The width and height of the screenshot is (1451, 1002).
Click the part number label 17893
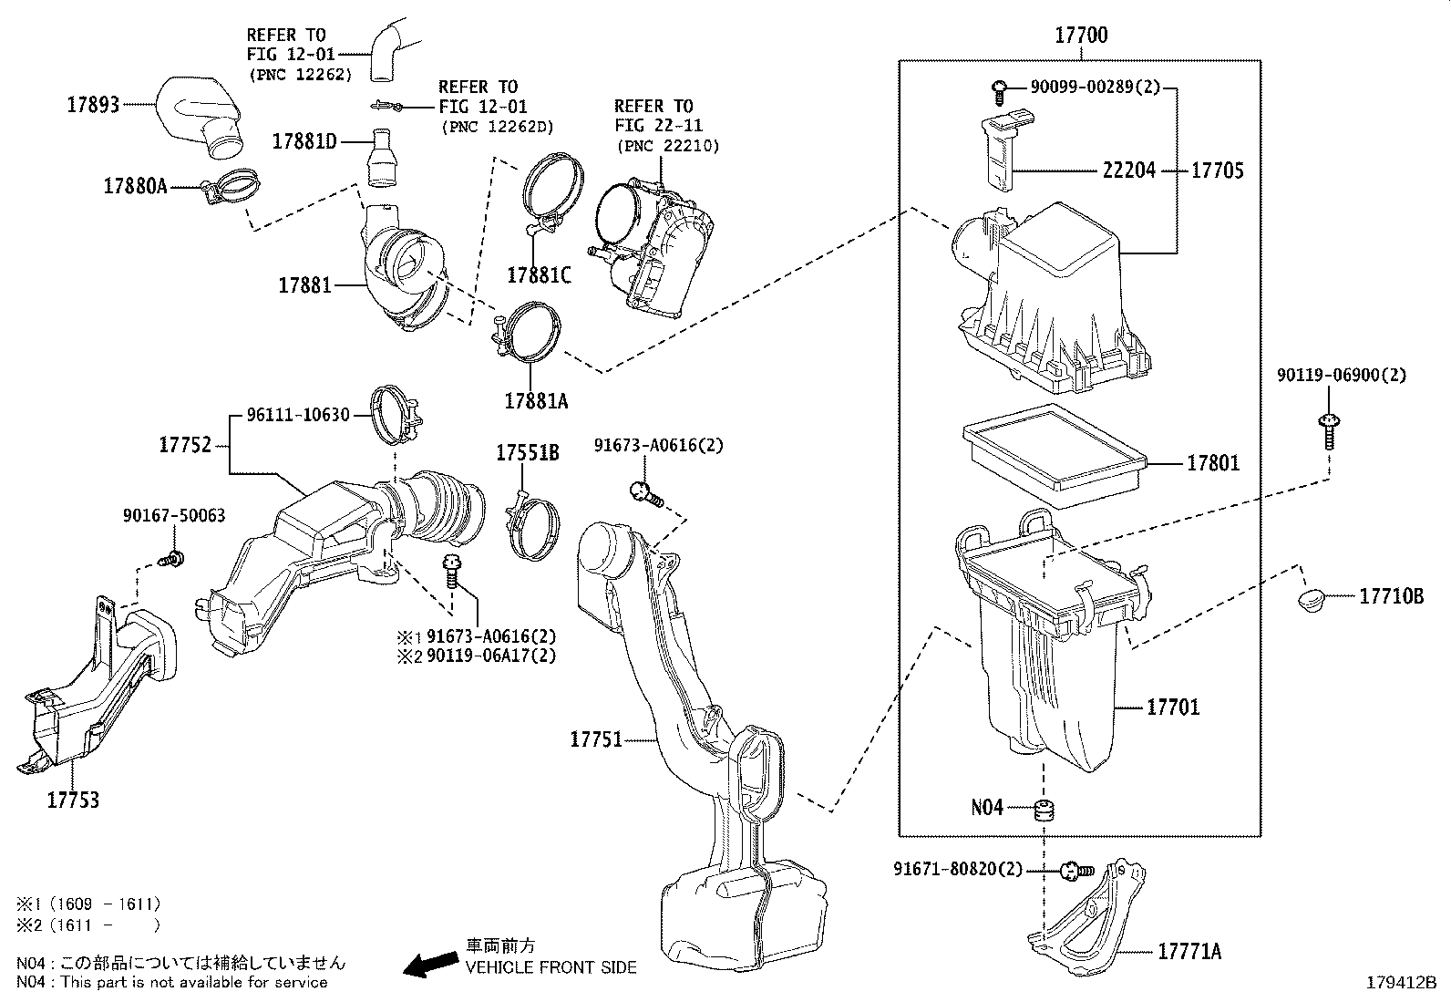point(93,105)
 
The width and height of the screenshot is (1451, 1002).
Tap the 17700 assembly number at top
point(1081,36)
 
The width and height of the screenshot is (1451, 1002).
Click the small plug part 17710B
point(1309,600)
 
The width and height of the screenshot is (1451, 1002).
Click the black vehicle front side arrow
point(431,963)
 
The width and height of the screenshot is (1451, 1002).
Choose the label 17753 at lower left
point(73,801)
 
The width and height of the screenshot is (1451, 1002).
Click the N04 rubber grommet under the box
point(1042,809)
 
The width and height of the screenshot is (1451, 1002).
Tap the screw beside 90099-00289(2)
point(1000,88)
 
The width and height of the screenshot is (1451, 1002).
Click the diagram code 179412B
point(1401,983)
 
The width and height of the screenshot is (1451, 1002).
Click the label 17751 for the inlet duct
point(596,739)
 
